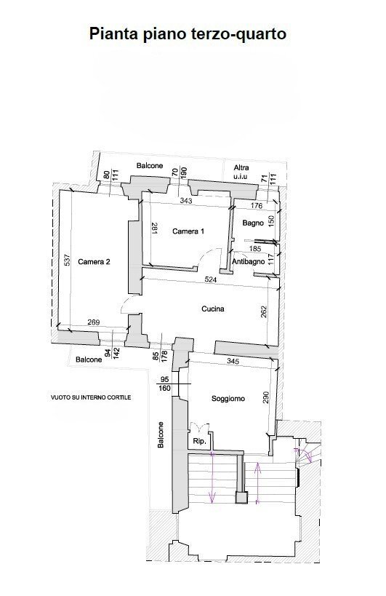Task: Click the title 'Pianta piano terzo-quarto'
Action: click(193, 33)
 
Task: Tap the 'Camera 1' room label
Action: click(188, 231)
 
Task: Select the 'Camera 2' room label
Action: click(94, 262)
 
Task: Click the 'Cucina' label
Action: click(213, 309)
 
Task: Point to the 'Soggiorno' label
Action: click(228, 399)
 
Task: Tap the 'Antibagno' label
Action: click(248, 261)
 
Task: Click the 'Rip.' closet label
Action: click(198, 442)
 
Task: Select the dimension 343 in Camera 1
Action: click(187, 200)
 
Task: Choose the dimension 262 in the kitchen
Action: click(265, 310)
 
